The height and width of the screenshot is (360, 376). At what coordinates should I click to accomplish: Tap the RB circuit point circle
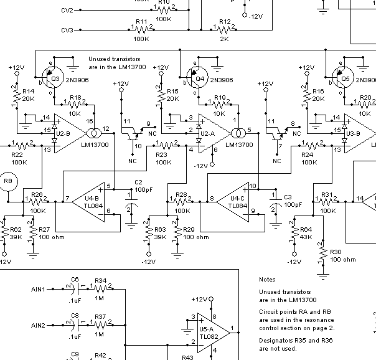point(9,180)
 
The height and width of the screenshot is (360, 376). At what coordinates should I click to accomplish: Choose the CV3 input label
point(67,30)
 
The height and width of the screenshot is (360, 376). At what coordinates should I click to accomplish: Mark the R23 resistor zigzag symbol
point(163,148)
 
